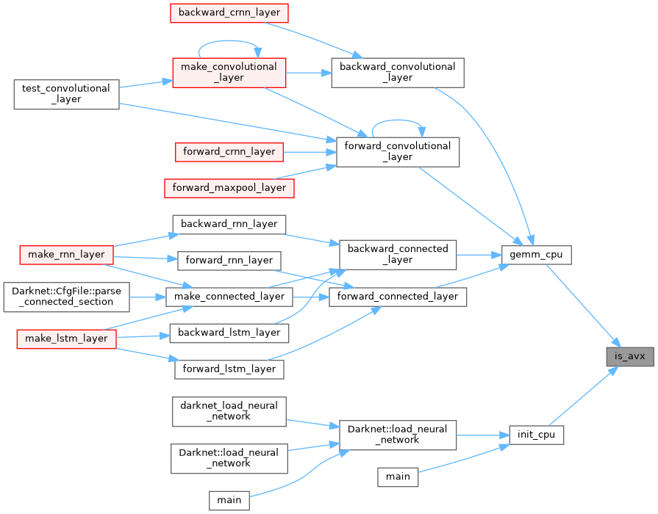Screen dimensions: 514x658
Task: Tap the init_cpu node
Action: pos(536,434)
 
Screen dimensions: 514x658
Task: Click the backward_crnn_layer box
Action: pos(229,12)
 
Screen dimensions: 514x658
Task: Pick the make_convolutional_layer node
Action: pos(228,72)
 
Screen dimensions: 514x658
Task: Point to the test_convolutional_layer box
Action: pos(66,94)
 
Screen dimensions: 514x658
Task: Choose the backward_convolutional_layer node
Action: pos(397,72)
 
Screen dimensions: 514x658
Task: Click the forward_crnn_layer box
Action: pos(229,152)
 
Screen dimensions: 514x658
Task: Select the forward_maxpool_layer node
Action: pos(229,187)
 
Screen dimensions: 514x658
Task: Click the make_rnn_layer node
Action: pos(66,254)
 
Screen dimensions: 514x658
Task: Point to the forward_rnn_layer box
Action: pos(229,260)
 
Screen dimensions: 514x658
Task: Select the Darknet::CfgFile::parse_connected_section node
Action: pos(66,296)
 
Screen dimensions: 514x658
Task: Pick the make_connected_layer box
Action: pos(229,297)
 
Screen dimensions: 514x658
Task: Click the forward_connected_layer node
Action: pos(397,297)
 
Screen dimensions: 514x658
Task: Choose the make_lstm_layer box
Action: pos(66,338)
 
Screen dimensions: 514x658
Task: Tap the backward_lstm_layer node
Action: pos(229,333)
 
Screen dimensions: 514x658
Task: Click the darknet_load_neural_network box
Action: pos(229,410)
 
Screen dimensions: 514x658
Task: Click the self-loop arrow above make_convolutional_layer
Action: pos(228,43)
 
